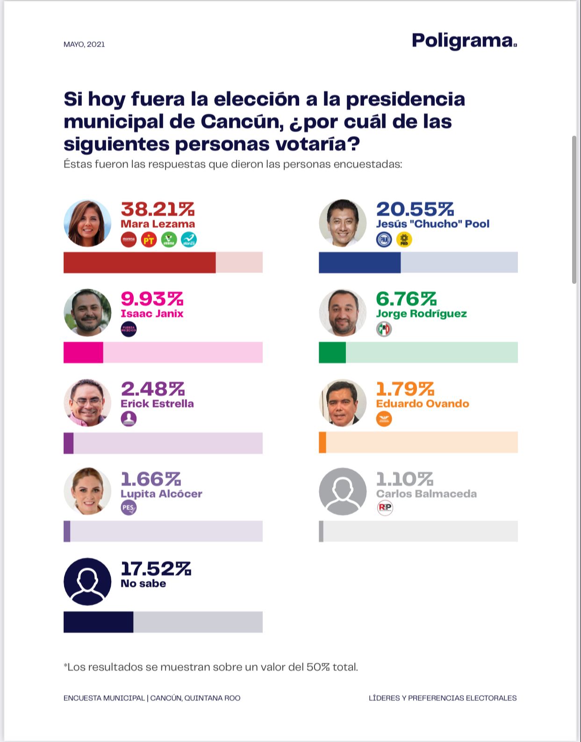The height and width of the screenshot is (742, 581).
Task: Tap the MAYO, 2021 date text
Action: (x=84, y=44)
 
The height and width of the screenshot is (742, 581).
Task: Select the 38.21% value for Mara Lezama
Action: (x=158, y=209)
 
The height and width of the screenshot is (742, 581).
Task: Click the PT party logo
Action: (x=149, y=240)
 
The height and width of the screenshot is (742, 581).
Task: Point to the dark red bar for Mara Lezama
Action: (x=139, y=262)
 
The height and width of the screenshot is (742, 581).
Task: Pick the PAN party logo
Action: (x=384, y=240)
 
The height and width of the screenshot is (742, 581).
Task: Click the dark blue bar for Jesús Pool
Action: (x=359, y=262)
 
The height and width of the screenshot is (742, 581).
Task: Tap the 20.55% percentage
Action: (x=415, y=209)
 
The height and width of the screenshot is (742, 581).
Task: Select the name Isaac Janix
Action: (x=152, y=313)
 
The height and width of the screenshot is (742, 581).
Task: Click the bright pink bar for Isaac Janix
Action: (x=83, y=353)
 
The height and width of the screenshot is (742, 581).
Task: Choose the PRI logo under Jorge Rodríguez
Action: (x=384, y=329)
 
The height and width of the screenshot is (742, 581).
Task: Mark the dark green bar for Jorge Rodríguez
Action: (x=332, y=353)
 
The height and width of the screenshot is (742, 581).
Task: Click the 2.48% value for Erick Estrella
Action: (x=152, y=389)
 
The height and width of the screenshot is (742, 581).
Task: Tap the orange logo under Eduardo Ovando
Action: (x=384, y=419)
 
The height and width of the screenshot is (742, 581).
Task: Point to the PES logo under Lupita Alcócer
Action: (x=129, y=508)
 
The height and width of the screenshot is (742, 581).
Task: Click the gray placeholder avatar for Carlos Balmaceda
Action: (x=343, y=491)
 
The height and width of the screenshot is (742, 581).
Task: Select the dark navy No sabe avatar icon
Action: (x=87, y=581)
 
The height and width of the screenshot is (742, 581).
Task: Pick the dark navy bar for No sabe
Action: (x=98, y=622)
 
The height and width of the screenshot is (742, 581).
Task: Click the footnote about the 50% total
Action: (x=211, y=667)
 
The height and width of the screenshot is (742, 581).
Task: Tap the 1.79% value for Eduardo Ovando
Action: (x=405, y=389)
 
